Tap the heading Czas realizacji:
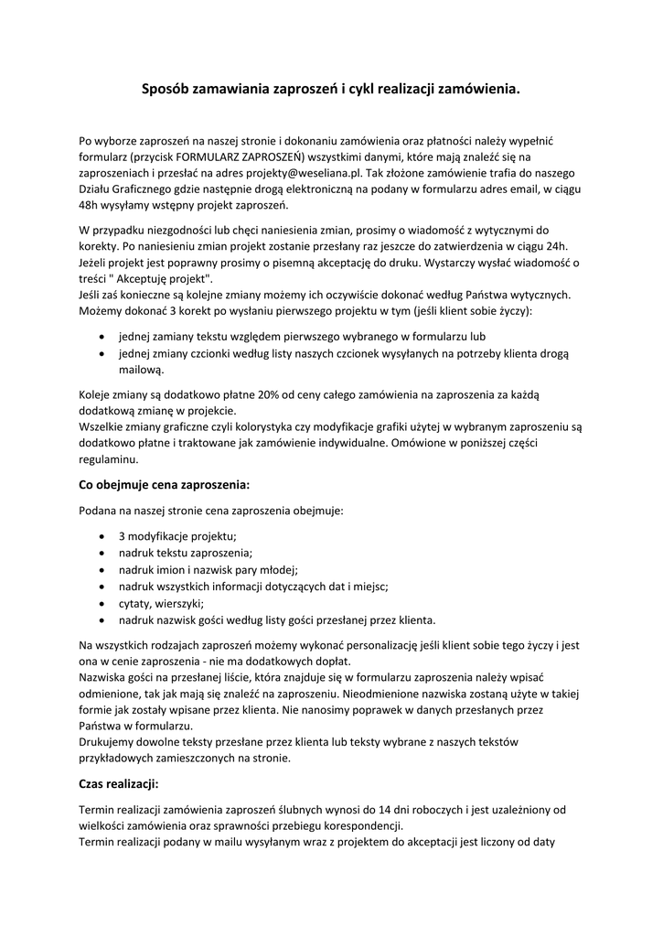(120, 784)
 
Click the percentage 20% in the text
(269, 395)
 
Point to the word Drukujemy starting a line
(110, 742)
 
